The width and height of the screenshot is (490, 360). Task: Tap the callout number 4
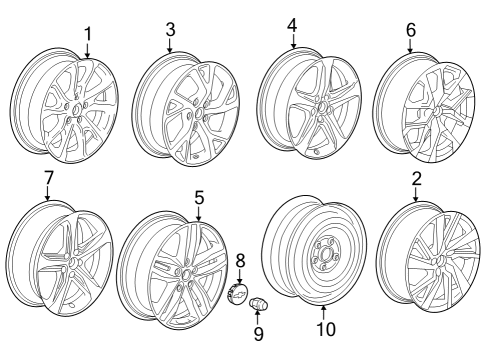[x=292, y=25]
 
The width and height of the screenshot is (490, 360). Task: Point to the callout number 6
[x=410, y=31]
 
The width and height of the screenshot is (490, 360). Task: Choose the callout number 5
[x=199, y=198]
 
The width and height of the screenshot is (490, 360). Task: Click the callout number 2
[x=416, y=180]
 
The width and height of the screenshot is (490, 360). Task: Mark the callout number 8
[x=240, y=260]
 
